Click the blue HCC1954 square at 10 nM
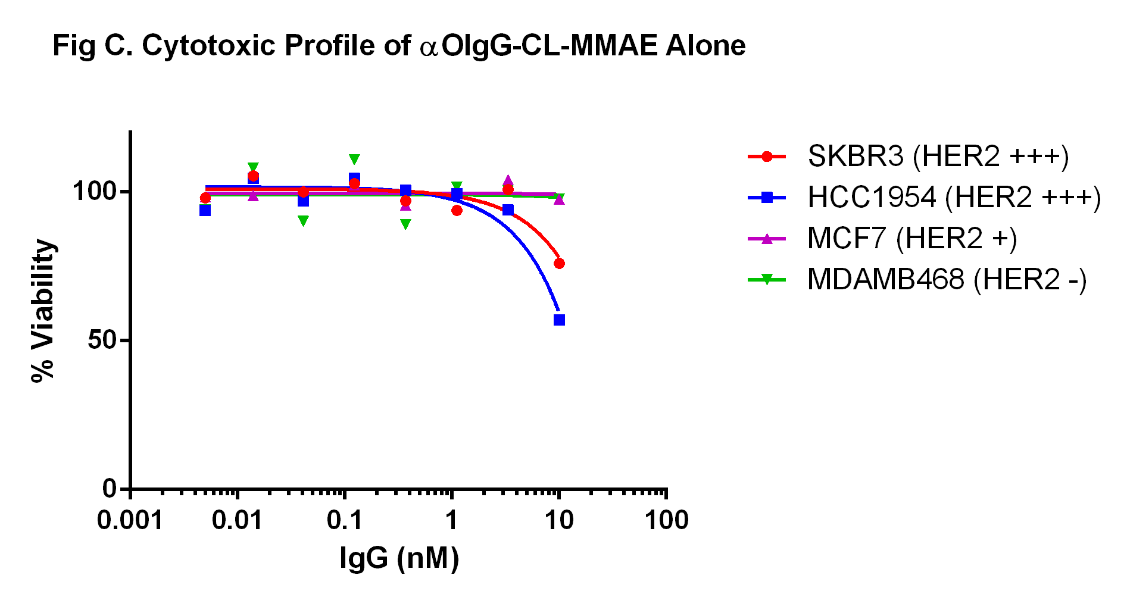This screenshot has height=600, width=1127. click(559, 320)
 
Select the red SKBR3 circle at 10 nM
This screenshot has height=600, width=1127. click(559, 263)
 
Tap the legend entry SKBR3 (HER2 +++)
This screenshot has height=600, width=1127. click(938, 157)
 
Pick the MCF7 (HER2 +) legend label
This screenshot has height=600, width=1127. click(912, 239)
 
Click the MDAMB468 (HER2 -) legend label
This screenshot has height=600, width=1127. click(947, 280)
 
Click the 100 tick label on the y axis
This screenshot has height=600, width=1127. click(94, 192)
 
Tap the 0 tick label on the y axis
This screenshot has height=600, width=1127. click(110, 489)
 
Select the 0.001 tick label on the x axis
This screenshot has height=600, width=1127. click(130, 521)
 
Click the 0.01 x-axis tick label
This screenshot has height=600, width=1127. click(237, 521)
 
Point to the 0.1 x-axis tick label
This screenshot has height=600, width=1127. click(344, 521)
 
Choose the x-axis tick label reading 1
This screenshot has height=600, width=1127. click(452, 521)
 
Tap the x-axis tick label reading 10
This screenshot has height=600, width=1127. click(559, 521)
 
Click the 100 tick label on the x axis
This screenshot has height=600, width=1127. click(666, 521)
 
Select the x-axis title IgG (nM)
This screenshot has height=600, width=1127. click(399, 558)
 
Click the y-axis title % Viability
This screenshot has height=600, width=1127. click(43, 310)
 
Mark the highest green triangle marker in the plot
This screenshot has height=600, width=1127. click(354, 160)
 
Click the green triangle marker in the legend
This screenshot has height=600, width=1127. click(767, 279)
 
